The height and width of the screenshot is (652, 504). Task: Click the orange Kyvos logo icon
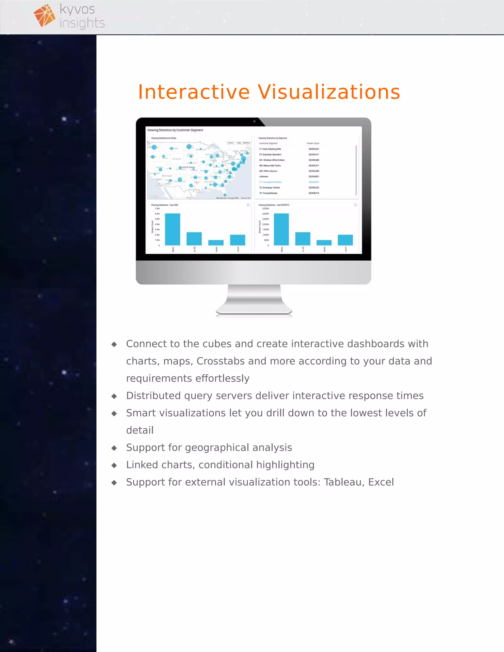coord(44,15)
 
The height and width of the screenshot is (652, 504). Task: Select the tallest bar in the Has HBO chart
coord(172,229)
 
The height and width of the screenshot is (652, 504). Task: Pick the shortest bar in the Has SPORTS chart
coord(324,242)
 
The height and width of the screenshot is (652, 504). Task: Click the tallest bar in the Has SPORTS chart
coord(281,229)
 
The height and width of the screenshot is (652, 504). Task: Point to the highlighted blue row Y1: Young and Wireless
coord(270,182)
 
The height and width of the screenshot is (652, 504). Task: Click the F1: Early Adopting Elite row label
coord(270,149)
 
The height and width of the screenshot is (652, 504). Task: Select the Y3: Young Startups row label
coord(268,193)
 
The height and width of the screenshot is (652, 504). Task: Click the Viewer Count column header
coord(313,143)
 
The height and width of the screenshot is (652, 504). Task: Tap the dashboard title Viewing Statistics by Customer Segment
coord(175,130)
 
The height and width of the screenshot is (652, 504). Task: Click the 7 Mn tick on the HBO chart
coord(157,208)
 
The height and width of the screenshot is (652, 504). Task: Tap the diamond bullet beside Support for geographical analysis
coord(114,448)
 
